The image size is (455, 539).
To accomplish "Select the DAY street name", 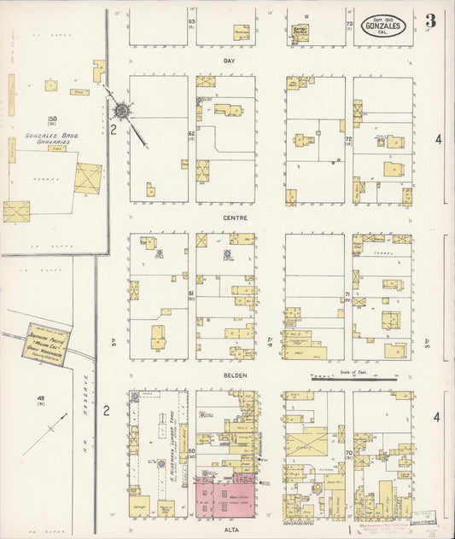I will tap(229, 61).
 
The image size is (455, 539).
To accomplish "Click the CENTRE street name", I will tap(229, 218).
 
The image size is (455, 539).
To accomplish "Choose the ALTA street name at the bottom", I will tap(229, 530).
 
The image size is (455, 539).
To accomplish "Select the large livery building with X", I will tap(309, 442).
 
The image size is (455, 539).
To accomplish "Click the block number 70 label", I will tap(348, 451).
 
